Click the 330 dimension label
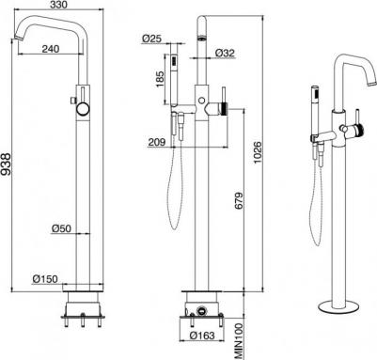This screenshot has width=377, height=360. click(59, 6)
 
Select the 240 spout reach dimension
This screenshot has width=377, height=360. click(51, 49)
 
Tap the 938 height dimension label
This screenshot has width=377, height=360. click(7, 164)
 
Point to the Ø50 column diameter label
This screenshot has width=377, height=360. click(61, 228)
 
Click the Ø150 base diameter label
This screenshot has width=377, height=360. click(45, 278)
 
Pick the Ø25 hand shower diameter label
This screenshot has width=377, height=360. click(151, 39)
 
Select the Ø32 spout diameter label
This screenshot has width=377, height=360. click(225, 53)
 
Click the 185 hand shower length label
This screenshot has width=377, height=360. click(160, 79)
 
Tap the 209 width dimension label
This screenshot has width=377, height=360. click(157, 142)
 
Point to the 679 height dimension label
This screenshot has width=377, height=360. click(239, 200)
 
